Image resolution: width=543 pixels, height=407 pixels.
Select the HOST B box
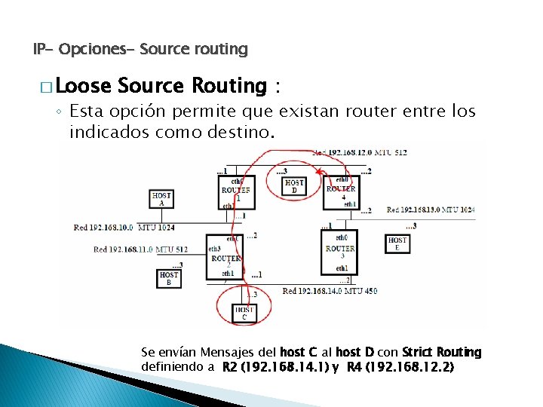(169, 278)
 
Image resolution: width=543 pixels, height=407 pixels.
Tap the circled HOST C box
(244, 313)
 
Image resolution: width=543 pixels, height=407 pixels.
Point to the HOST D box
(294, 186)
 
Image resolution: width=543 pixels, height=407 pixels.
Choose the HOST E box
(397, 244)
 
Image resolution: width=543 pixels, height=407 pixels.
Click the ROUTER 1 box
(238, 194)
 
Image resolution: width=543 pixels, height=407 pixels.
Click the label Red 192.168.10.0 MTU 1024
(124, 227)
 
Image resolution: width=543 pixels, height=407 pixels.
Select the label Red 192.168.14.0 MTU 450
(330, 291)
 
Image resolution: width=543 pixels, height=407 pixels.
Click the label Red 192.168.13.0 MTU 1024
(431, 210)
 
